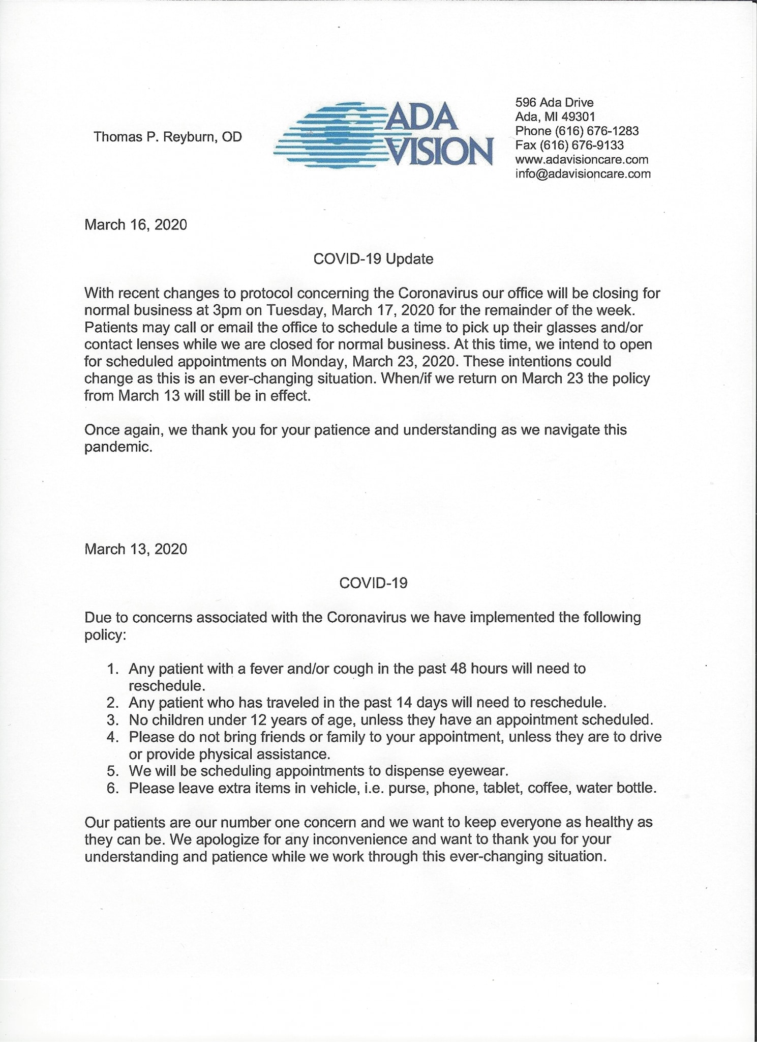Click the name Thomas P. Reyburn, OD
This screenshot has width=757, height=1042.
point(168,137)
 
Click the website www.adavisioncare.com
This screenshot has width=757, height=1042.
point(582,159)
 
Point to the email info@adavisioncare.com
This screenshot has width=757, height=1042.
point(583,173)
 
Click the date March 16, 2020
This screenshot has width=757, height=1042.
point(136,224)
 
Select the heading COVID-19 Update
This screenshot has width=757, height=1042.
point(373,259)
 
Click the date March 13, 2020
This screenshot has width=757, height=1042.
point(136,549)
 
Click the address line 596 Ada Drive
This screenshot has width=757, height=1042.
point(554,103)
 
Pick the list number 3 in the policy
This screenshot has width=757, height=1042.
point(112,720)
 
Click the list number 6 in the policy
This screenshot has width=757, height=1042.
point(112,788)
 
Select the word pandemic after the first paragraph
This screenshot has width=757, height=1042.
point(118,447)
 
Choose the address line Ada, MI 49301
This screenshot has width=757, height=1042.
point(555,117)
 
